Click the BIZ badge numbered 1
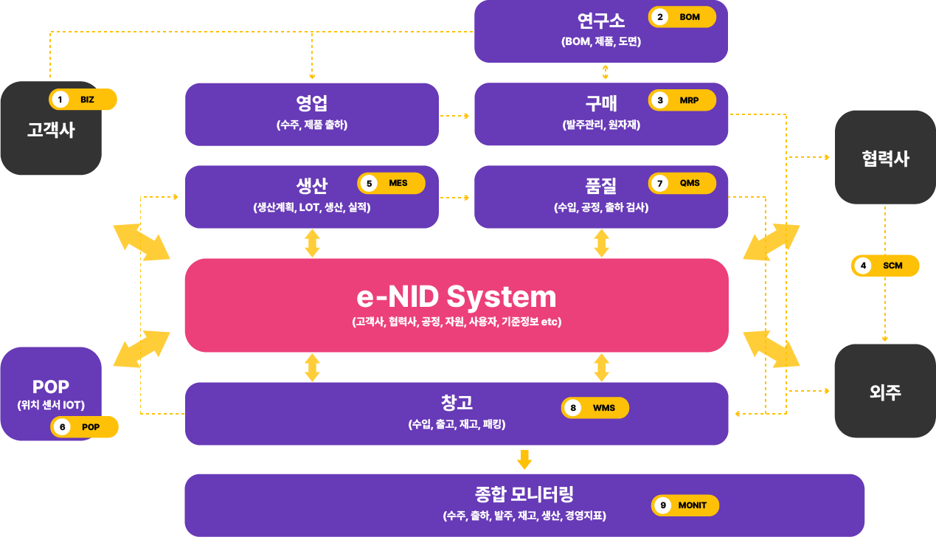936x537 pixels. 83,100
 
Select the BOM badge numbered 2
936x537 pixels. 682,17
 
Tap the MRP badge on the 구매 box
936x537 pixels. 682,100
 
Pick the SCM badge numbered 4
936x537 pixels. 885,266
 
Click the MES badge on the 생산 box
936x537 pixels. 391,183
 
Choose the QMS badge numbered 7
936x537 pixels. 682,183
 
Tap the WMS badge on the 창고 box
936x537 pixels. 595,408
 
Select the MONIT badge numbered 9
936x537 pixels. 685,505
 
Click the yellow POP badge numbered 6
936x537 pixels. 84,426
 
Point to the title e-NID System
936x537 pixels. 457,297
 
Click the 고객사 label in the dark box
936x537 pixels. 51,130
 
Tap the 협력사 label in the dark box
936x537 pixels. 885,159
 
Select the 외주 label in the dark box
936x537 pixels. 885,392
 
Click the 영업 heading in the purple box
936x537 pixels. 312,103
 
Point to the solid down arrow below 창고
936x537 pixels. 524,460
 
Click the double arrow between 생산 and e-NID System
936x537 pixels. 312,243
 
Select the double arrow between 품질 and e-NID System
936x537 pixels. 601,243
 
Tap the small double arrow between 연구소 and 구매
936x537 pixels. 605,72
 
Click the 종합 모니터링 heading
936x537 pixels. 524,494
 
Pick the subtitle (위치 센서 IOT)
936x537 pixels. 51,405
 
